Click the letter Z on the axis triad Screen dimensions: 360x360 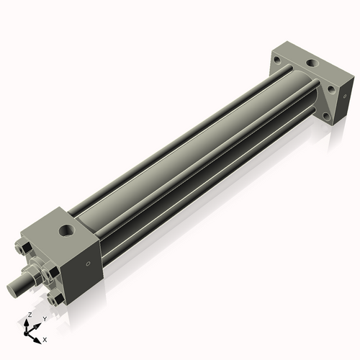tap(28, 315)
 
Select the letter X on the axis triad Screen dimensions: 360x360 tap(45, 338)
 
